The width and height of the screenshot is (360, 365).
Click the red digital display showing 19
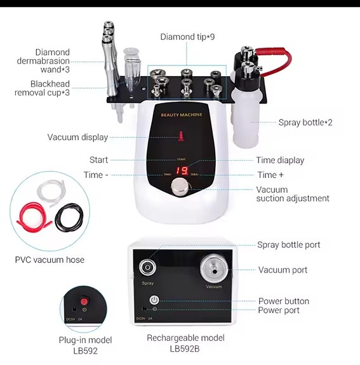tap(182, 170)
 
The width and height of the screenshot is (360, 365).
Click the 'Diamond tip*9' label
tap(187, 37)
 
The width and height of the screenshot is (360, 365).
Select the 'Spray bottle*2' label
tap(305, 123)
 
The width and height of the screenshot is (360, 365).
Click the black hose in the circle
tap(68, 218)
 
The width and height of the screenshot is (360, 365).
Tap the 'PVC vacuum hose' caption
tap(50, 260)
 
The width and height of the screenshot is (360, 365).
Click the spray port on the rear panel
tap(148, 267)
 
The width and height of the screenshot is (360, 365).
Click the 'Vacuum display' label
tap(77, 137)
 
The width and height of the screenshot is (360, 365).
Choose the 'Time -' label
tap(96, 175)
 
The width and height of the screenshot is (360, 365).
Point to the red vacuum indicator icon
tap(181, 135)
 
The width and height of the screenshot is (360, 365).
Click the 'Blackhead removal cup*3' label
tap(42, 88)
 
